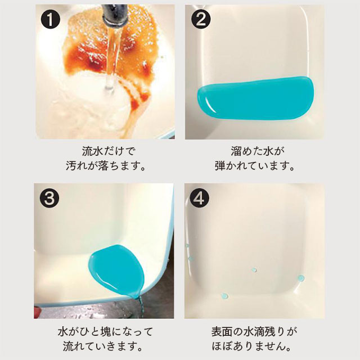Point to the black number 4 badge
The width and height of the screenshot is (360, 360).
[x=202, y=198]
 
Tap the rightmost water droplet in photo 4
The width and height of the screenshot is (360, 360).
[x=301, y=278]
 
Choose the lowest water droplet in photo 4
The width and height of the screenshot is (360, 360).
[x=224, y=296]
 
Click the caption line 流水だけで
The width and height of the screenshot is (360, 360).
[x=109, y=151]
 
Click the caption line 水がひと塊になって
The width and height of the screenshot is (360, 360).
[x=109, y=331]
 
